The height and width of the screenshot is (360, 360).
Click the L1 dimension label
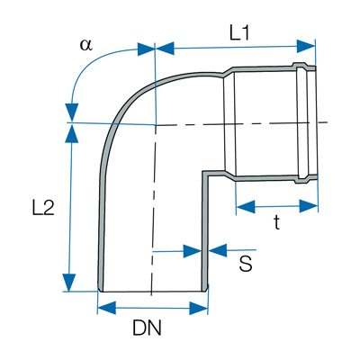click(x=239, y=33)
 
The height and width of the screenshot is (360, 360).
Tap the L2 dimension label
click(x=43, y=208)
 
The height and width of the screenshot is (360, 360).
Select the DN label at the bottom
click(x=147, y=328)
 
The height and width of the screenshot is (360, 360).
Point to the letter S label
click(x=246, y=264)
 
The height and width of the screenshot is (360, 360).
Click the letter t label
click(x=277, y=222)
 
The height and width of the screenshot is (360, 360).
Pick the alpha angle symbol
click(x=86, y=45)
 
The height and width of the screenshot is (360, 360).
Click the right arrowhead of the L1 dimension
click(x=306, y=46)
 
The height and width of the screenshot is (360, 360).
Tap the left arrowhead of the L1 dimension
click(x=165, y=49)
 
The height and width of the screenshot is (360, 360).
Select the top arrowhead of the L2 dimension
click(x=72, y=133)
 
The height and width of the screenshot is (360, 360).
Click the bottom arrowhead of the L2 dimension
click(x=69, y=283)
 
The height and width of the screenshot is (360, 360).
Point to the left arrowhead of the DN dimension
click(x=107, y=309)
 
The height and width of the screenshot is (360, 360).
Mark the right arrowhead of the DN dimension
click(x=199, y=308)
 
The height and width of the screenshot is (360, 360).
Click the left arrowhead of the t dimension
click(x=246, y=207)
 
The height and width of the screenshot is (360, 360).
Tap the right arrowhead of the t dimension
click(x=309, y=206)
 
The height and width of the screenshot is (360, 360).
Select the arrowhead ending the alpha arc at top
click(x=147, y=49)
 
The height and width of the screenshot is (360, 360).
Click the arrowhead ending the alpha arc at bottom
click(x=71, y=112)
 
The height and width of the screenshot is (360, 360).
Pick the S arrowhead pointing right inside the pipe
click(x=193, y=250)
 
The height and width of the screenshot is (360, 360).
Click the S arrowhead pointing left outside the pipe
click(x=218, y=250)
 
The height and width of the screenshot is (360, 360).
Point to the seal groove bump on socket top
click(x=300, y=66)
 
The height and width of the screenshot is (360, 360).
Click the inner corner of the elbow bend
click(x=204, y=174)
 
